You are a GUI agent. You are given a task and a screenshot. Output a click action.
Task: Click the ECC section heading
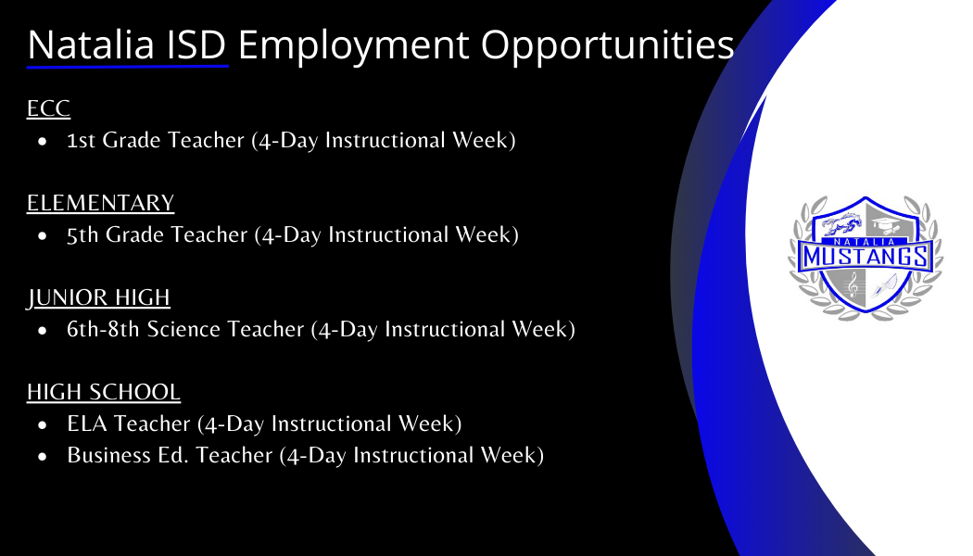pyautogui.click(x=48, y=108)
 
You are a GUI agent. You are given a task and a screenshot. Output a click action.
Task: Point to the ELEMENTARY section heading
pyautogui.click(x=100, y=203)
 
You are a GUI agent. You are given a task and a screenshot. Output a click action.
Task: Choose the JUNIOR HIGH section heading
pyautogui.click(x=98, y=297)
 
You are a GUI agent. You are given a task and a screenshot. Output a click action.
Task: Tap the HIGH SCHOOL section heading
pyautogui.click(x=103, y=392)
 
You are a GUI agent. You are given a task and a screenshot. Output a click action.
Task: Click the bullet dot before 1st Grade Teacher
pyautogui.click(x=43, y=142)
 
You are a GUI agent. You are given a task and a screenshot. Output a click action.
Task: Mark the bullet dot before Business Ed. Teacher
pyautogui.click(x=43, y=457)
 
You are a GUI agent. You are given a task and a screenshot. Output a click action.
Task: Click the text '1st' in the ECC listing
pyautogui.click(x=82, y=141)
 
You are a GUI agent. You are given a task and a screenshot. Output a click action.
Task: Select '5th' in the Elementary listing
pyautogui.click(x=83, y=235)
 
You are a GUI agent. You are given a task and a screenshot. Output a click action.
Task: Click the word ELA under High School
pyautogui.click(x=86, y=424)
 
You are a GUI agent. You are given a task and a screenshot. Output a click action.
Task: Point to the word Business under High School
pyautogui.click(x=105, y=456)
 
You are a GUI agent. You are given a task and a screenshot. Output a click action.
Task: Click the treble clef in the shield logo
pyautogui.click(x=852, y=289)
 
